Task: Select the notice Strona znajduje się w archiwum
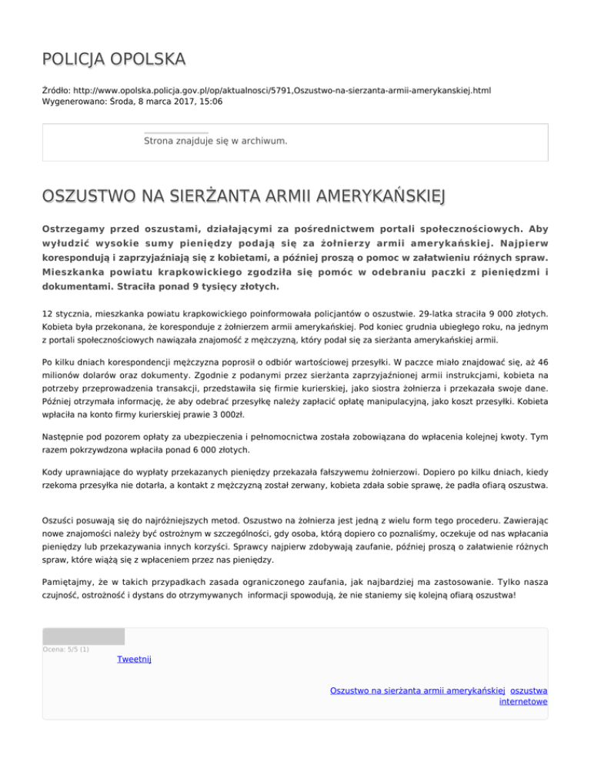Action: (x=215, y=141)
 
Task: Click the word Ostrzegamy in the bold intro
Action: (x=75, y=229)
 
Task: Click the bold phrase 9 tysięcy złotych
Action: (x=230, y=287)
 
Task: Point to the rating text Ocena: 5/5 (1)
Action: (x=65, y=649)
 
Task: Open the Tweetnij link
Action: (x=133, y=660)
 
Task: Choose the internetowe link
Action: (x=523, y=702)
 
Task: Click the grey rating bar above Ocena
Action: (x=83, y=636)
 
